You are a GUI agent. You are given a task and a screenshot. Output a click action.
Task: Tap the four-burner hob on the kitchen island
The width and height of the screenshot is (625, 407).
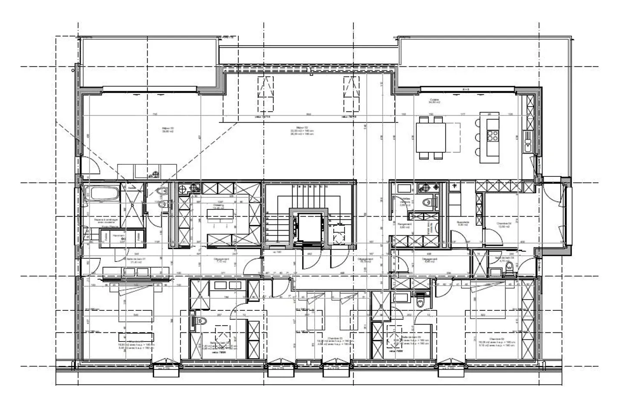pyautogui.click(x=493, y=136)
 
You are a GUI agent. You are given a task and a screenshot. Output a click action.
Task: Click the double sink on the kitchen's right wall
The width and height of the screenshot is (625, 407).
pyautogui.click(x=528, y=141)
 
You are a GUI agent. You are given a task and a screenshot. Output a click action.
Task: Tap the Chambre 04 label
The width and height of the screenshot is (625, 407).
pyautogui.click(x=504, y=225)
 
